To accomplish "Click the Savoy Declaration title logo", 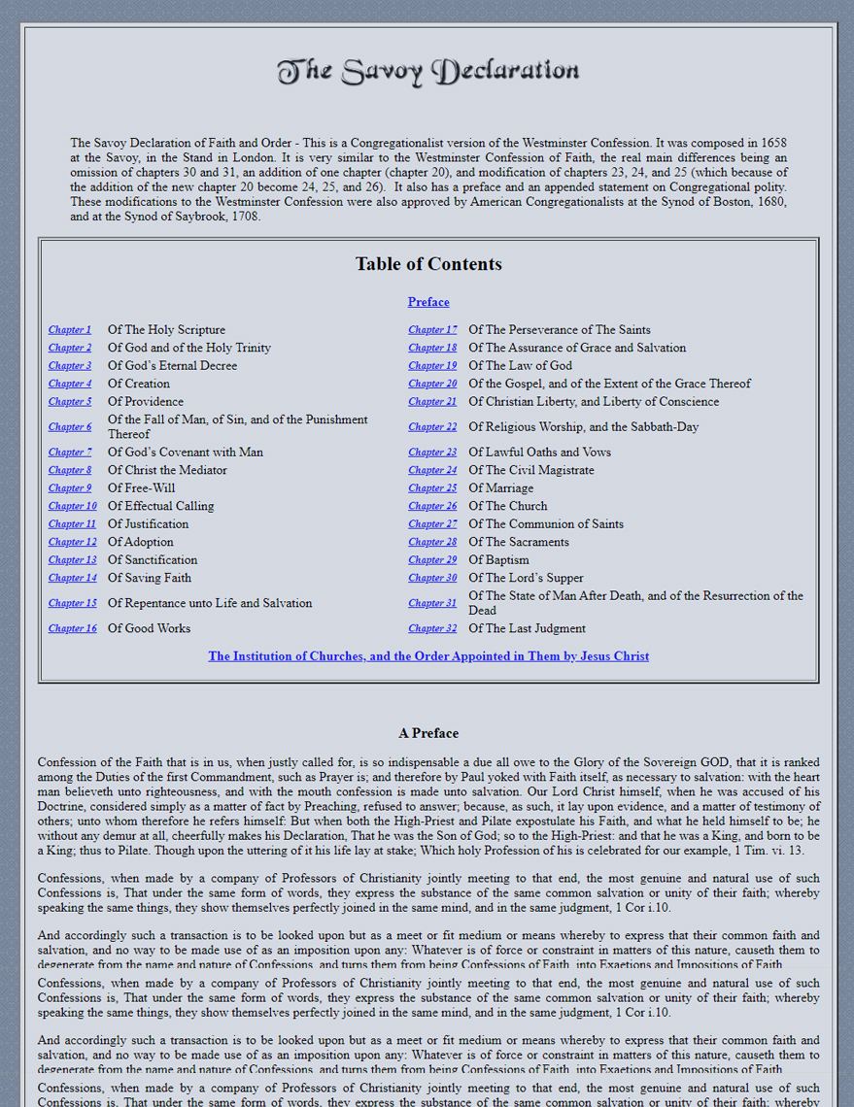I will (427, 71).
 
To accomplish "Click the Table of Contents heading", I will (428, 264).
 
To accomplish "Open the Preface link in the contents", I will (428, 302).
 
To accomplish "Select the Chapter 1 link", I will (70, 330).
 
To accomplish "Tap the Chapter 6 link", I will (70, 427).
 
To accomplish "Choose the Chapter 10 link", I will (73, 506).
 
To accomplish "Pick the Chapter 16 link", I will (73, 628).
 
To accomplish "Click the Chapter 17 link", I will (432, 330).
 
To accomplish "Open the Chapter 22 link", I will (432, 427).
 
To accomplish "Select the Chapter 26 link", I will (432, 506).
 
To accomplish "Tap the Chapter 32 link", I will (432, 628).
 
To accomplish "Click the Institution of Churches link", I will (428, 656).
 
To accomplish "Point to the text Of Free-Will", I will (142, 488).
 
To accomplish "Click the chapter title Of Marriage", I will (500, 488).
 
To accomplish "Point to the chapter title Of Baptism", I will (498, 560).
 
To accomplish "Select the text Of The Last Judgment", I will (527, 628).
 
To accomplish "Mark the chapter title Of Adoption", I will (141, 542).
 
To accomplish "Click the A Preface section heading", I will (428, 733).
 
